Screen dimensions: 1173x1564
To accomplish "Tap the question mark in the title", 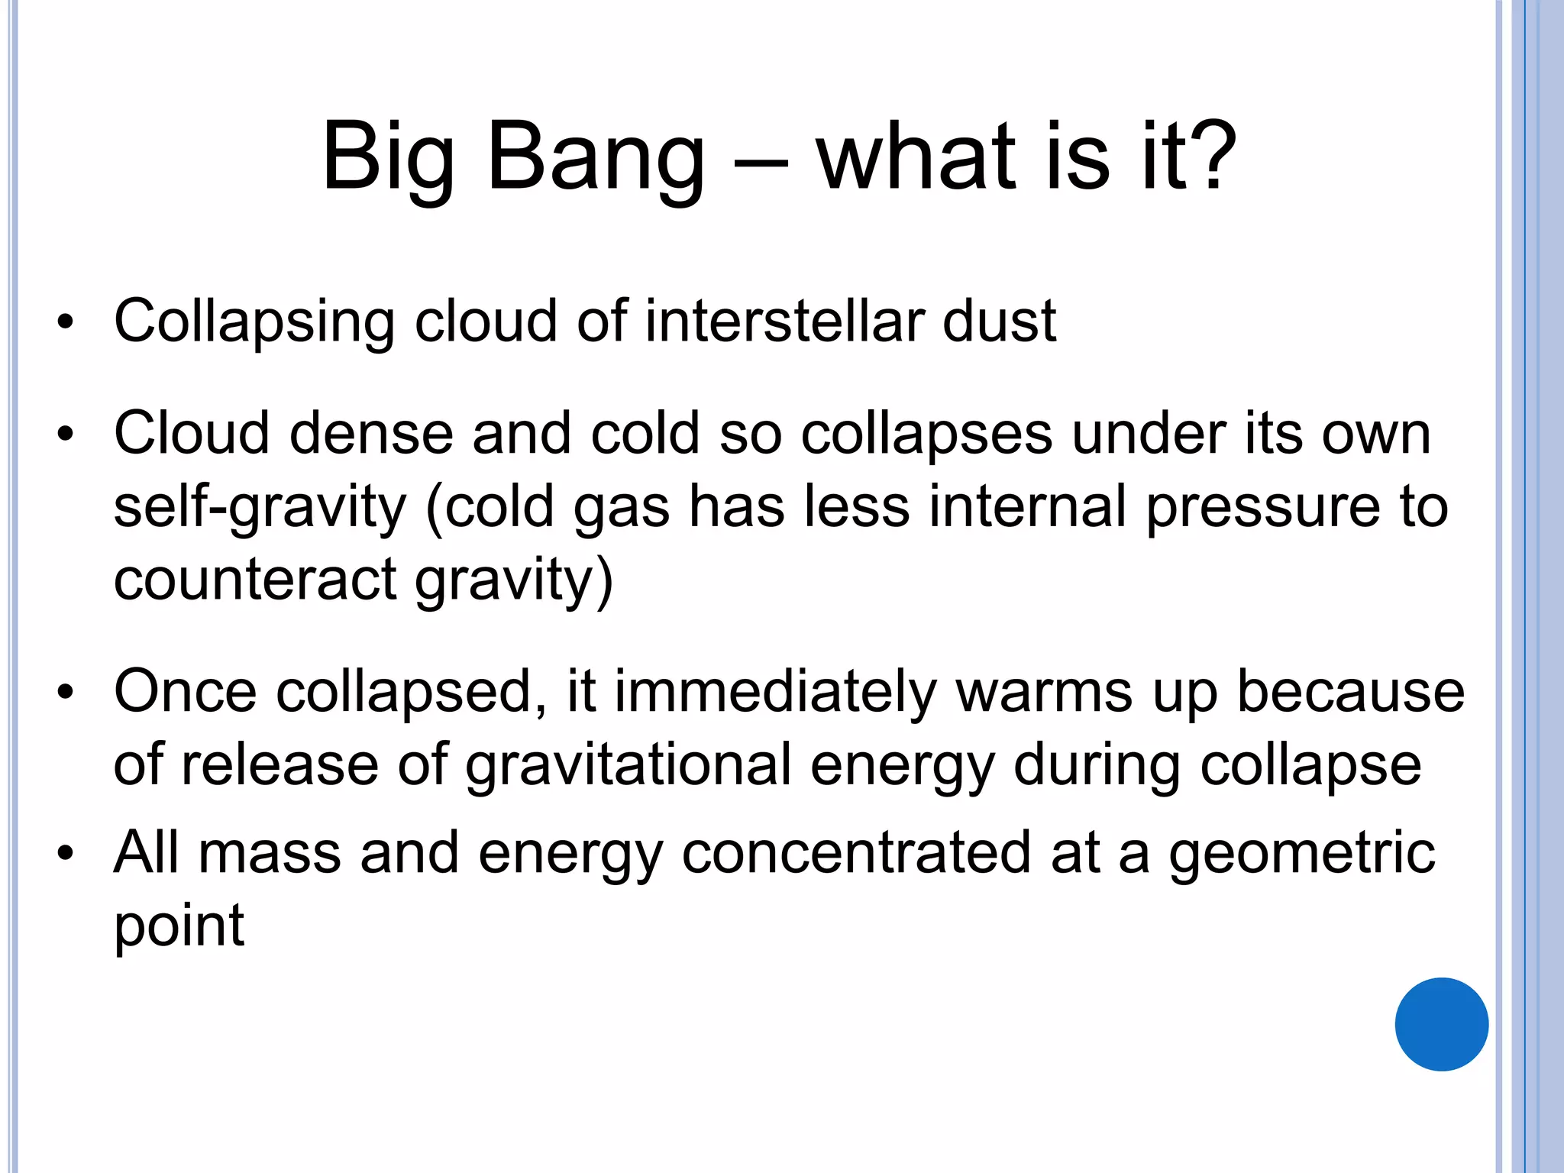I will [1209, 157].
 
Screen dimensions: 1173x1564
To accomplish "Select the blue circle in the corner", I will [1441, 1024].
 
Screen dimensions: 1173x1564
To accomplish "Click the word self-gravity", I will [260, 508].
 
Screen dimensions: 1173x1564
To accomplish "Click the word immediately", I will [774, 692].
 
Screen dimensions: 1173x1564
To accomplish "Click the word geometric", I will [1301, 853].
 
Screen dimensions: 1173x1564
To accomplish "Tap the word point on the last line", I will [179, 926].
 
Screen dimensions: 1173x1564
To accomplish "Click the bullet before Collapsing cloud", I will [66, 322].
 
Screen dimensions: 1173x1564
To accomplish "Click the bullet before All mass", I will [66, 854].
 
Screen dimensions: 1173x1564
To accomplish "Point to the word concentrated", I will [856, 853].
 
